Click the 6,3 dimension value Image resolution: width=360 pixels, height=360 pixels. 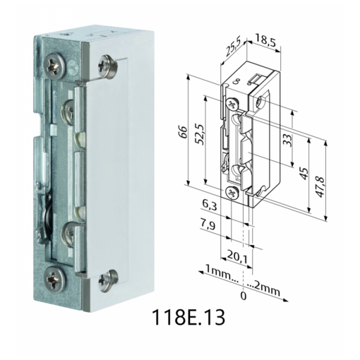coord(210,205)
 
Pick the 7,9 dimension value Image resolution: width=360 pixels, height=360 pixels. coord(210,225)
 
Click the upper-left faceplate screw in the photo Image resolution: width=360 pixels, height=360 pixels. coord(55,67)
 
